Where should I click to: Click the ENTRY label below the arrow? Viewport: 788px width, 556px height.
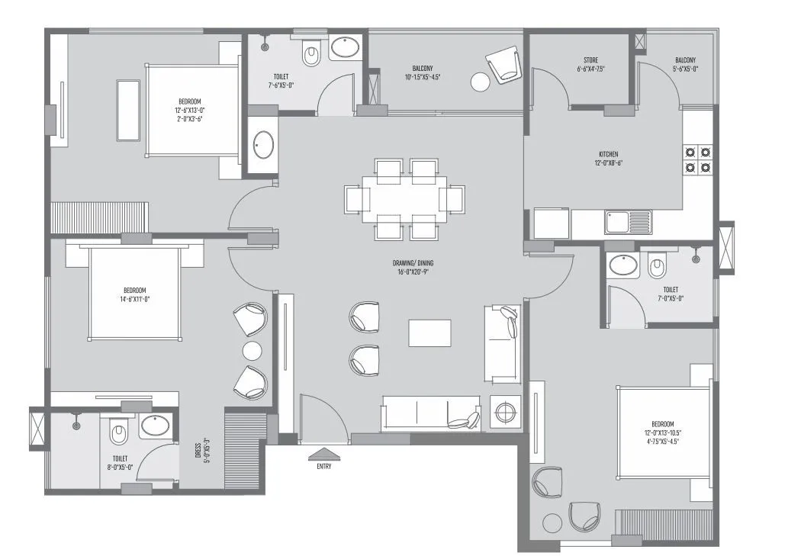(323, 467)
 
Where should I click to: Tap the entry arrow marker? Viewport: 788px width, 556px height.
(323, 454)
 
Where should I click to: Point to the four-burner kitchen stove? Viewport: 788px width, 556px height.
(697, 158)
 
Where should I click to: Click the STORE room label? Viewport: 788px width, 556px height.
(591, 64)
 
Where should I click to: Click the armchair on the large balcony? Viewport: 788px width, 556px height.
(503, 64)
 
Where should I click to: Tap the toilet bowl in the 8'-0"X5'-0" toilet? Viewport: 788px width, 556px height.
(117, 433)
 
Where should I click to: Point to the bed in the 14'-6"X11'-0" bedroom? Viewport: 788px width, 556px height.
(135, 294)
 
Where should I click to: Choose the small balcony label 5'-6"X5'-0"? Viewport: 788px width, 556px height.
(685, 64)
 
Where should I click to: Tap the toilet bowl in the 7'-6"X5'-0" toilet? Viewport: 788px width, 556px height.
(310, 54)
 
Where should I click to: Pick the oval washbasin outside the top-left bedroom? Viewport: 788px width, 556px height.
(263, 144)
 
